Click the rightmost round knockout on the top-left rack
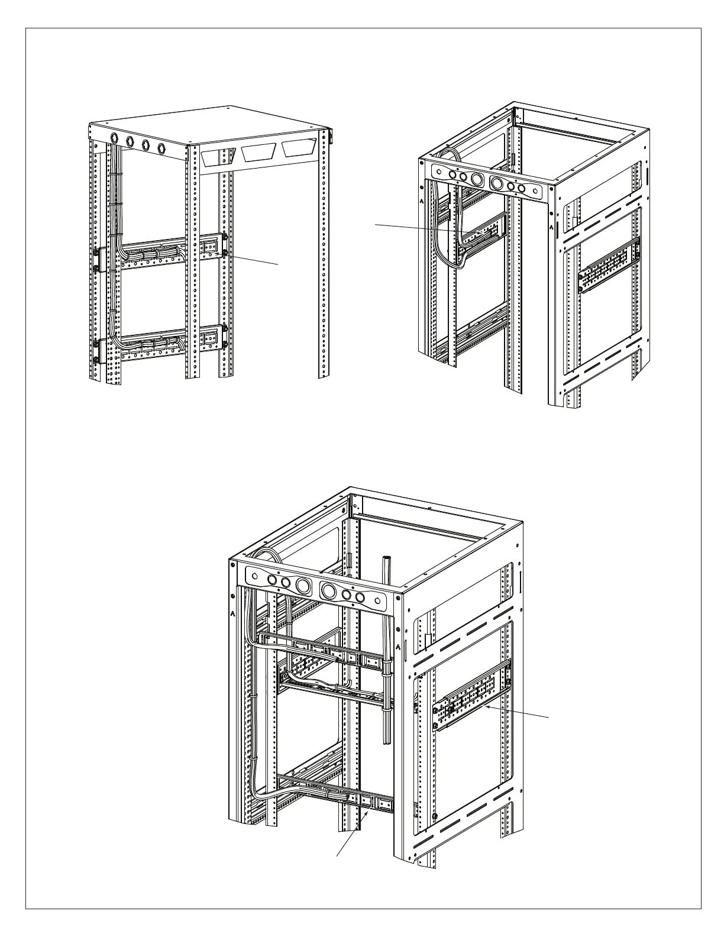[161, 147]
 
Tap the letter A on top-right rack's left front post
[422, 201]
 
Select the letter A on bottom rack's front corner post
[399, 647]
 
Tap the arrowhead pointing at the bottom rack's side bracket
[483, 705]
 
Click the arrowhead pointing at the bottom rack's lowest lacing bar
[371, 812]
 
